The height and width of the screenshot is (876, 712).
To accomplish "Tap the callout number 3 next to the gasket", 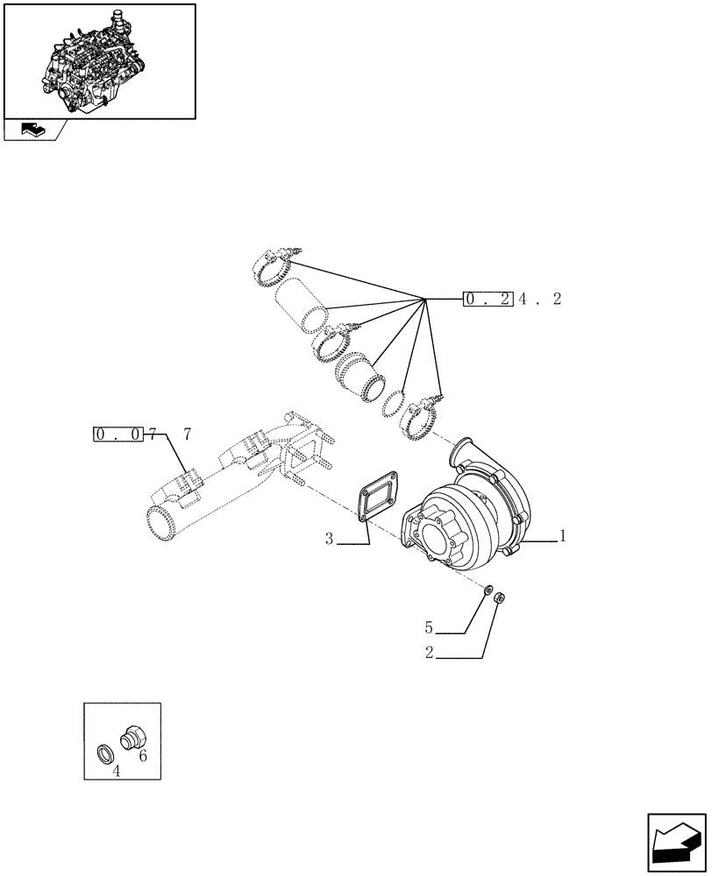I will [329, 539].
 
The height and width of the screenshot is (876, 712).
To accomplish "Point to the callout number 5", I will [429, 627].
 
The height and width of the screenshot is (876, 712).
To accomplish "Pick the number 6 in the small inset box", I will [143, 756].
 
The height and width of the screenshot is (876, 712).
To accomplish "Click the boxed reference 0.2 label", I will [488, 300].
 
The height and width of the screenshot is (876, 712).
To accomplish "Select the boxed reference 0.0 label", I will [117, 434].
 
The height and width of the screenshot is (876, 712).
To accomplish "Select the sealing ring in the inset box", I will [104, 752].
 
